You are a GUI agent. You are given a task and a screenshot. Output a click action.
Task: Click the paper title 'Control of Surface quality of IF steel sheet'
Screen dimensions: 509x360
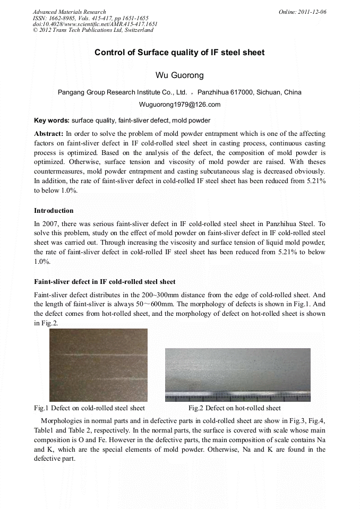tap(179, 53)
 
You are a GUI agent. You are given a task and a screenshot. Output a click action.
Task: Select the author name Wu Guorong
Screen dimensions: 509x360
tap(179, 75)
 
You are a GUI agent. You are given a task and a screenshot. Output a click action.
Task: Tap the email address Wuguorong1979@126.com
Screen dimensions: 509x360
tap(179, 105)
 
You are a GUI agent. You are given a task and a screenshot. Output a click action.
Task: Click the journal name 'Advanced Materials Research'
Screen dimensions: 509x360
tap(69, 12)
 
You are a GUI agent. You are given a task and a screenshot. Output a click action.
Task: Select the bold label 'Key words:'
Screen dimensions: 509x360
tap(52, 120)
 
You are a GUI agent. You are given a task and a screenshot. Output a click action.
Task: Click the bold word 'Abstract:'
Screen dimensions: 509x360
tap(49, 134)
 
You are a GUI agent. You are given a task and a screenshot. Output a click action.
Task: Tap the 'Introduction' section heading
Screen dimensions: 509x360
tap(54, 211)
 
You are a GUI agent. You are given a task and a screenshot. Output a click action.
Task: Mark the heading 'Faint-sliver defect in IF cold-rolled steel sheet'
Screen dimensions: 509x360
tap(105, 281)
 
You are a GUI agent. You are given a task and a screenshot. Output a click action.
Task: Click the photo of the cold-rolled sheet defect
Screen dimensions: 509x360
tap(98, 365)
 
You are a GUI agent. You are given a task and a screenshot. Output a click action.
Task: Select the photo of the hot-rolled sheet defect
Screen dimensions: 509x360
tap(237, 372)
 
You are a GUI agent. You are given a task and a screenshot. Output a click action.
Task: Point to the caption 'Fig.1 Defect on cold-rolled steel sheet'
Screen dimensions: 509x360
tap(89, 408)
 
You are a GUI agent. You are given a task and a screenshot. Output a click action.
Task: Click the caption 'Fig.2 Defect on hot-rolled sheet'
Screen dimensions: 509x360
tap(235, 408)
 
